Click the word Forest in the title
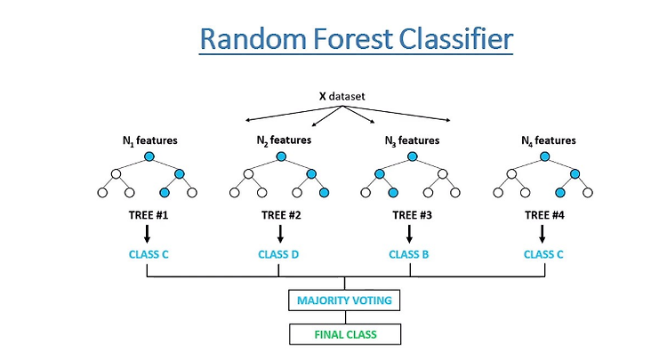pyautogui.click(x=353, y=39)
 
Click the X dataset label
pyautogui.click(x=342, y=96)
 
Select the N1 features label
pyautogui.click(x=149, y=140)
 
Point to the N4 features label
pyautogui.click(x=549, y=140)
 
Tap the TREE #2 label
pyautogui.click(x=281, y=215)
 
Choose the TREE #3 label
pyautogui.click(x=412, y=215)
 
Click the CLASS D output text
pyautogui.click(x=278, y=254)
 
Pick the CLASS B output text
pyautogui.click(x=409, y=254)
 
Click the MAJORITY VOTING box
pyautogui.click(x=344, y=300)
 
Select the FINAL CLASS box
pyautogui.click(x=345, y=334)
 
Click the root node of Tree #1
pyautogui.click(x=149, y=156)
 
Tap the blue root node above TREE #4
pyautogui.click(x=544, y=156)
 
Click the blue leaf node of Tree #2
pyautogui.click(x=324, y=193)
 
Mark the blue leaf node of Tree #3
pyautogui.click(x=393, y=193)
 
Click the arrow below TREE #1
pyautogui.click(x=147, y=234)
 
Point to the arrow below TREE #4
pyautogui.click(x=542, y=234)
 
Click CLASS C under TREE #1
pyautogui.click(x=149, y=254)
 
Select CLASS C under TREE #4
pyautogui.click(x=543, y=254)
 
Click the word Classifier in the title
pyautogui.click(x=456, y=39)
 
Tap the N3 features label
pyautogui.click(x=412, y=140)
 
